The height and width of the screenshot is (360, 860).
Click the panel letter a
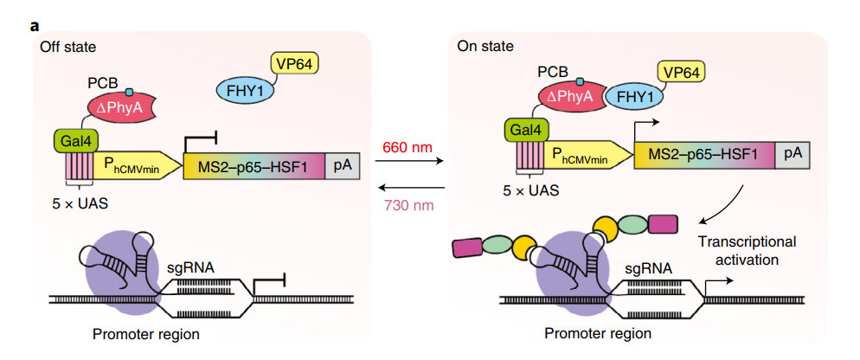(x=35, y=25)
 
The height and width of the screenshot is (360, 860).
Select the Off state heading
(x=67, y=46)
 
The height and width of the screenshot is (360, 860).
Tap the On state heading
(x=485, y=46)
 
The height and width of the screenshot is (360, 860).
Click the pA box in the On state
(x=793, y=155)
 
